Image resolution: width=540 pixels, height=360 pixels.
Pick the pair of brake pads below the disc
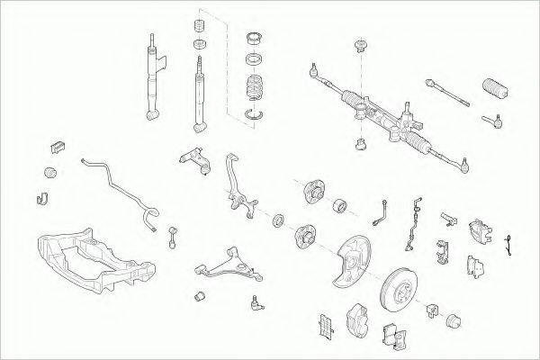pyautogui.click(x=393, y=333)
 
